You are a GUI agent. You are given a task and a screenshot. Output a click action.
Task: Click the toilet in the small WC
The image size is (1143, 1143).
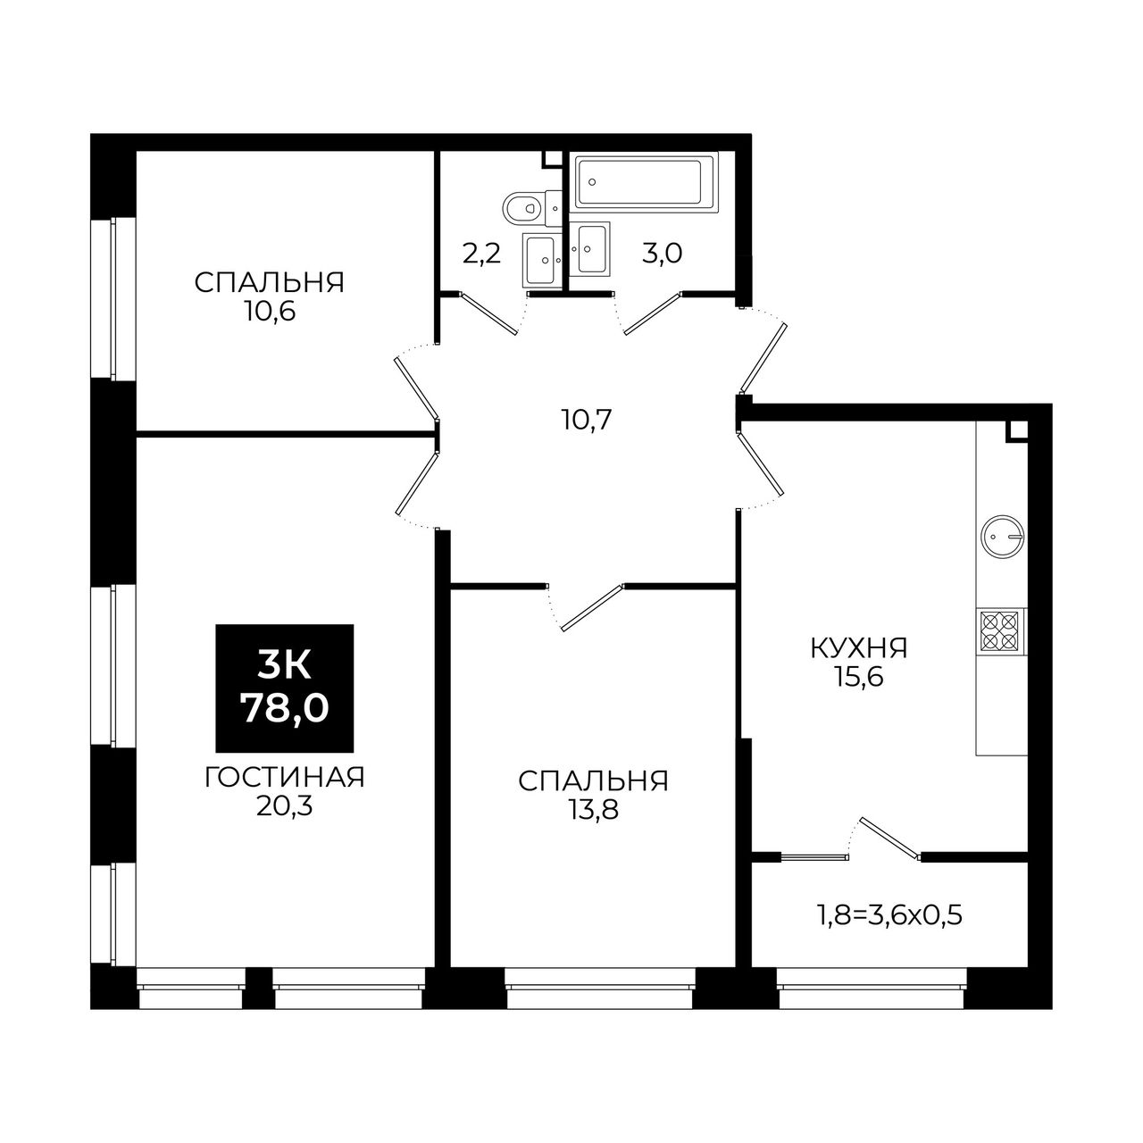click(531, 207)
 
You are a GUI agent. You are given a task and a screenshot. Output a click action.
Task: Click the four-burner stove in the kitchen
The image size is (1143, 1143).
click(1001, 631)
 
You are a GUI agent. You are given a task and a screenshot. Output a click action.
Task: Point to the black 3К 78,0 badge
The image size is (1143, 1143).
click(285, 688)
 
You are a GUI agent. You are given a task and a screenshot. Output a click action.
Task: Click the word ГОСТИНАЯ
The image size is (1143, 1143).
click(285, 778)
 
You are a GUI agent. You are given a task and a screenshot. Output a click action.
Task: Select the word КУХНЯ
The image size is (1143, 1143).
click(859, 648)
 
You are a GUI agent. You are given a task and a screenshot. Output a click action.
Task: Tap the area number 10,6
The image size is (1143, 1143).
click(270, 312)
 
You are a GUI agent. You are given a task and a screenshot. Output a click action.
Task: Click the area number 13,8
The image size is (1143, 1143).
click(593, 810)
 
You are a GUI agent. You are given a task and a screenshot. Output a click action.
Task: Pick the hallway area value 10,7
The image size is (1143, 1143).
click(586, 421)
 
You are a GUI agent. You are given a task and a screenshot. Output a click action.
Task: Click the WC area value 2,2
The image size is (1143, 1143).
click(481, 254)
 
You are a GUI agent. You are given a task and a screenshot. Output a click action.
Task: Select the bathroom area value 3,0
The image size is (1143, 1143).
click(663, 254)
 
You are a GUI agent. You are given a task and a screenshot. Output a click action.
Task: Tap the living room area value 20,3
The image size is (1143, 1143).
click(284, 805)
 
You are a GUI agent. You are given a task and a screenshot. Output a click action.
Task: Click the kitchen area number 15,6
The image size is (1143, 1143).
click(859, 676)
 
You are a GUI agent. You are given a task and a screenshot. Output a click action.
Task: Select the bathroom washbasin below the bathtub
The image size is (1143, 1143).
click(590, 248)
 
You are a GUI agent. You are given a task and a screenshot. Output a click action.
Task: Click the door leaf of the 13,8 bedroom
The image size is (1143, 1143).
click(592, 607)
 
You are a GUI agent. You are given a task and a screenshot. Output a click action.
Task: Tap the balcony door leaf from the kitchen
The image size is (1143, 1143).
click(890, 838)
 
